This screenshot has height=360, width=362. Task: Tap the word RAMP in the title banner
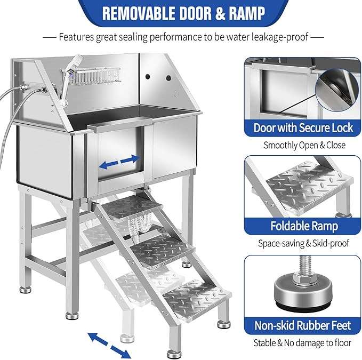coord(246,13)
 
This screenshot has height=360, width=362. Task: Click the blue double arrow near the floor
coord(108,343)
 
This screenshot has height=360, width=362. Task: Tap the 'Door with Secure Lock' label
coord(303,127)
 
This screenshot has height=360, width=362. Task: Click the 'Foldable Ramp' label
coord(303,226)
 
